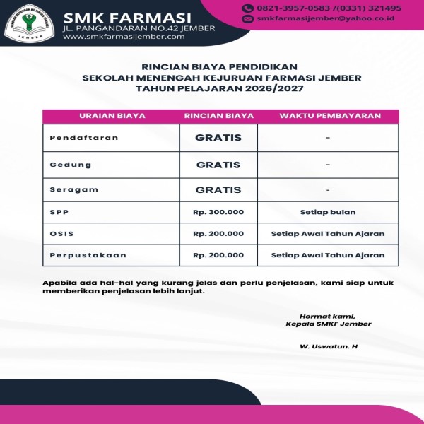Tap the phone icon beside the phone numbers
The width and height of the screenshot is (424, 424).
point(247,8)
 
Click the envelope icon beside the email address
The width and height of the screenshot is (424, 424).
point(247,20)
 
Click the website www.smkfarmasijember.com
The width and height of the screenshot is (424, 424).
point(124,36)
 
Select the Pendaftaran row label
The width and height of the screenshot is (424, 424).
point(73,138)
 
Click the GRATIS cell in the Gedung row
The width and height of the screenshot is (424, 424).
point(218,165)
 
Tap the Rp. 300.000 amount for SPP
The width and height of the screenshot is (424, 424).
point(218,212)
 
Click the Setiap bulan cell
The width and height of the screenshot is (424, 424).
point(328,212)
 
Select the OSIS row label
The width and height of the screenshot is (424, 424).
point(61,234)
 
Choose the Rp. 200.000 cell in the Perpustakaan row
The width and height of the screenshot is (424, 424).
point(218,255)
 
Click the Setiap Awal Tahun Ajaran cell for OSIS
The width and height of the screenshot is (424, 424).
point(328,234)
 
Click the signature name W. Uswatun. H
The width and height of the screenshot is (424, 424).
point(329,346)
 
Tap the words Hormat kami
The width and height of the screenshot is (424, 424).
point(327,316)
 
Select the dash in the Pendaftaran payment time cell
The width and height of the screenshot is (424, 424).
point(328,138)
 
